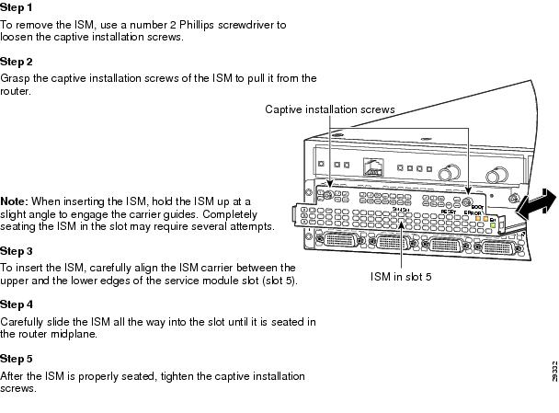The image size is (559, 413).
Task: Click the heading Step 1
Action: [x=16, y=7]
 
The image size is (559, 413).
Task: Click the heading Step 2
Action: [x=16, y=62]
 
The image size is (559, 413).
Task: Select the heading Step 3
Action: [x=16, y=250]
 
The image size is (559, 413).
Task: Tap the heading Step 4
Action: [x=16, y=304]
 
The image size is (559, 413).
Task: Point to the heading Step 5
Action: [x=16, y=358]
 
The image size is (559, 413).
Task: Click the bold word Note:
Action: [x=14, y=201]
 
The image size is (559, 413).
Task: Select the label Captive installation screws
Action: [x=330, y=109]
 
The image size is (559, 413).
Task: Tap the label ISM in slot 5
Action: [x=401, y=275]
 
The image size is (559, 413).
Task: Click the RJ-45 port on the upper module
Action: [x=373, y=168]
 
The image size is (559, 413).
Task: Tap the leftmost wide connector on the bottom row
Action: [x=338, y=241]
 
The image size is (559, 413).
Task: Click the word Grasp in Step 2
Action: [x=16, y=78]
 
